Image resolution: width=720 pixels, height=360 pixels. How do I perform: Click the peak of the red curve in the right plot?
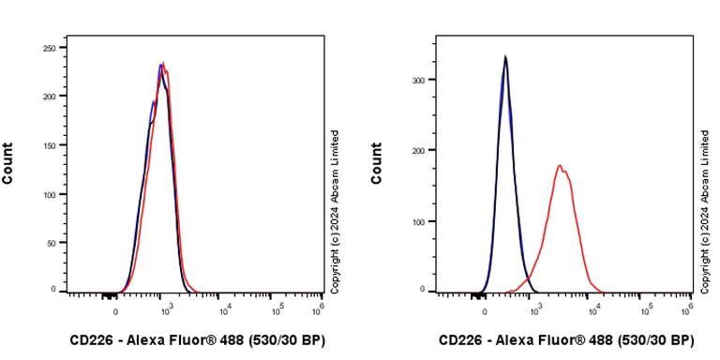pyautogui.click(x=560, y=166)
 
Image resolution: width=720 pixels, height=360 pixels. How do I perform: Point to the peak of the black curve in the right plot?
pyautogui.click(x=505, y=57)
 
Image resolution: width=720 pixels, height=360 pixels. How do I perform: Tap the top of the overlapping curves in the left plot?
pyautogui.click(x=162, y=64)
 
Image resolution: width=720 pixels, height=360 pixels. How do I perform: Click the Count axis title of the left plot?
pyautogui.click(x=7, y=163)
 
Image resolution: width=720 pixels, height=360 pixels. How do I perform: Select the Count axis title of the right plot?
pyautogui.click(x=377, y=163)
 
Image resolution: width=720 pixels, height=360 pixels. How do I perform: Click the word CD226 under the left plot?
pyautogui.click(x=91, y=339)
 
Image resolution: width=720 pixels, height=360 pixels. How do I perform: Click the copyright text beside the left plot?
pyautogui.click(x=336, y=209)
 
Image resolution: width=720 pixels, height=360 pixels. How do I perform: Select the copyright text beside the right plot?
pyautogui.click(x=705, y=209)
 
